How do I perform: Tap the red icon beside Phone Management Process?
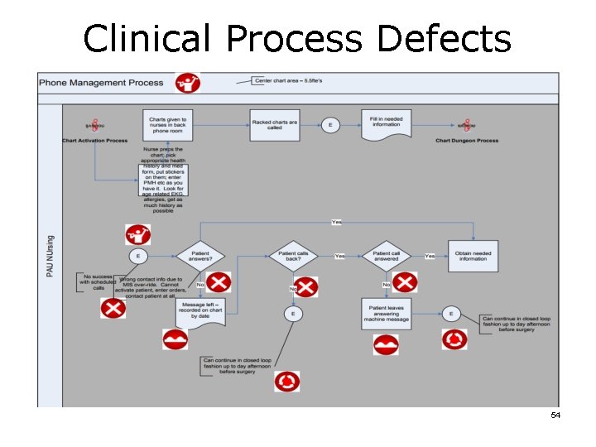[x=188, y=83]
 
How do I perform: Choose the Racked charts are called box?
[x=274, y=125]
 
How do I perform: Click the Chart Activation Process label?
[x=95, y=141]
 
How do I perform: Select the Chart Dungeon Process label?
[x=467, y=141]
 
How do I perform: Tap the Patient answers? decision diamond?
[x=199, y=256]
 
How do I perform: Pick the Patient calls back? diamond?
[x=293, y=256]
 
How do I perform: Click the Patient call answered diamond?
[x=386, y=256]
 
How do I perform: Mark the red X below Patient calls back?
[x=306, y=287]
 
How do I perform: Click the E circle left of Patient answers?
[x=137, y=256]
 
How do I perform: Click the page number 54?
[x=555, y=415]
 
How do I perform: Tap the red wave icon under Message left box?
[x=175, y=339]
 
